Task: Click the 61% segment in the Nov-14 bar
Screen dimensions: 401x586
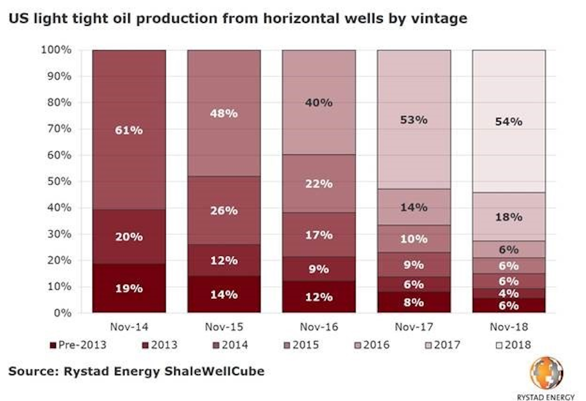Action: tap(129, 130)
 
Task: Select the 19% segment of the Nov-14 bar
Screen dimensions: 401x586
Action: tap(129, 289)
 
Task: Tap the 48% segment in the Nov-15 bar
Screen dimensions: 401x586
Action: tap(224, 113)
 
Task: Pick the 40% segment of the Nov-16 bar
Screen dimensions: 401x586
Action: tap(318, 103)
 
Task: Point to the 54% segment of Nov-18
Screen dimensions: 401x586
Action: tap(508, 121)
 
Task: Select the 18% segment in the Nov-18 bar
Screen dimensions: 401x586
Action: tap(508, 217)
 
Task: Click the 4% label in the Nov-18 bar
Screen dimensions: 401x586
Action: tap(508, 294)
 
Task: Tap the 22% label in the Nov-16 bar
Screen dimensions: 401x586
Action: tap(318, 184)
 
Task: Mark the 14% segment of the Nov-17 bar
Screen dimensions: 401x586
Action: tap(414, 207)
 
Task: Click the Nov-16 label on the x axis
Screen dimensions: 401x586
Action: tap(318, 326)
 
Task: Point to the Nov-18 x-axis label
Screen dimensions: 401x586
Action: tap(508, 326)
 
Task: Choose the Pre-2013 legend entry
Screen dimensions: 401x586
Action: tap(78, 345)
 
